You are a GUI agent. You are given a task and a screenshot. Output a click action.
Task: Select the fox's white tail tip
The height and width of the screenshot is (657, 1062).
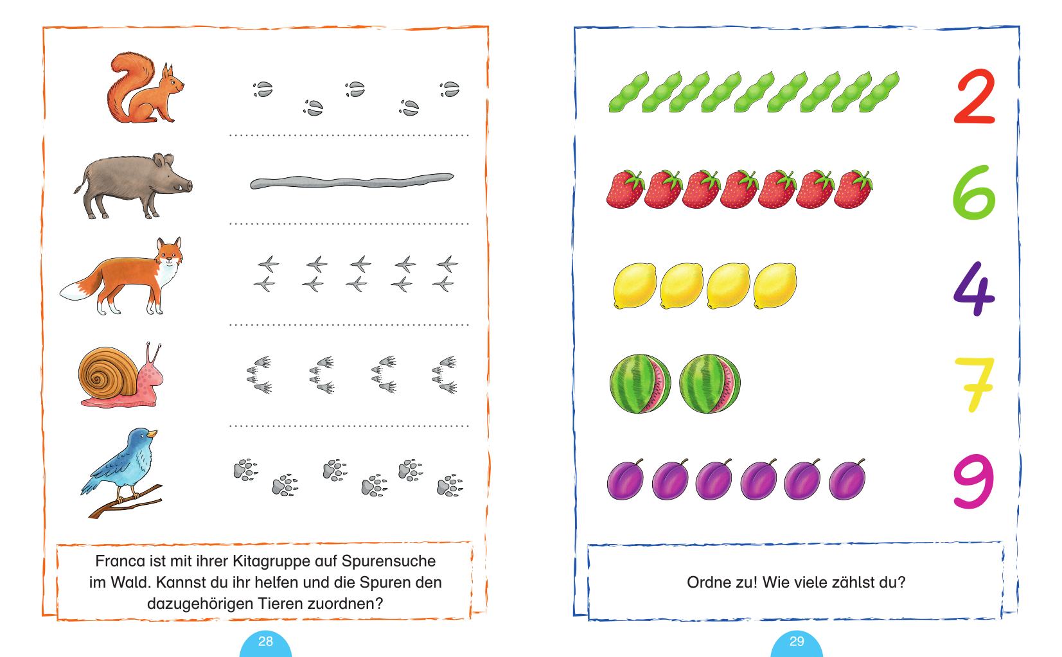point(71,292)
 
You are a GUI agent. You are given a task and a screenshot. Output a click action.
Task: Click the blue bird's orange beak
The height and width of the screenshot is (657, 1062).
point(152,434)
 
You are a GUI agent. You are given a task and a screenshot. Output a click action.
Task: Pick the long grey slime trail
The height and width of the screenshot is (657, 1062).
point(352,180)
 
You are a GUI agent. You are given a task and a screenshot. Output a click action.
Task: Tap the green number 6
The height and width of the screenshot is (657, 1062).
point(973,193)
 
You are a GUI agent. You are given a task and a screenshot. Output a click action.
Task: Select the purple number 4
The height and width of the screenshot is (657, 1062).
point(973,288)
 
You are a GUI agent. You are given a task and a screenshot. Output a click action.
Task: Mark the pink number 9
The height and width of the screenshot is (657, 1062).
point(973,480)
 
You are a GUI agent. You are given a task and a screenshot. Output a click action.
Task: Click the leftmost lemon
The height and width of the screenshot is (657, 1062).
point(635,286)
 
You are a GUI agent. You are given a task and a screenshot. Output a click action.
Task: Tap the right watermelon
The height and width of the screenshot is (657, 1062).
point(709,383)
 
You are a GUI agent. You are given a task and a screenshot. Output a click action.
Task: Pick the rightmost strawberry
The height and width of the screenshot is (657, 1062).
point(853,189)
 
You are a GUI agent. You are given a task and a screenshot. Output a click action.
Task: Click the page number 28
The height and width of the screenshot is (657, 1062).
point(265,642)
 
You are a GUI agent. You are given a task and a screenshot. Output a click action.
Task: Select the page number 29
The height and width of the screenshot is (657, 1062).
point(797,642)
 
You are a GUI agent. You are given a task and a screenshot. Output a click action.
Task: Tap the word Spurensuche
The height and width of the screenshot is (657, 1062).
point(388,562)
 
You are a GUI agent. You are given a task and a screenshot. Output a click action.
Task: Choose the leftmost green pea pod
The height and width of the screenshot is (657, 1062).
point(628,93)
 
